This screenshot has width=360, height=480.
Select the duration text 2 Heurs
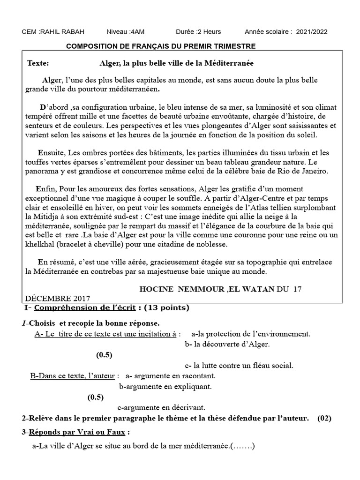[208, 32]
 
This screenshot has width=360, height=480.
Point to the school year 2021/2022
[312, 32]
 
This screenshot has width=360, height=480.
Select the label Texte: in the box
[38, 63]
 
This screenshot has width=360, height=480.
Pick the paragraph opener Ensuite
[52, 153]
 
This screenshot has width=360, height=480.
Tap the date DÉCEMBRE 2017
[57, 298]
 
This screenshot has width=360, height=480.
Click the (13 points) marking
[166, 308]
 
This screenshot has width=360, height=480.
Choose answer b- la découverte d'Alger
[227, 345]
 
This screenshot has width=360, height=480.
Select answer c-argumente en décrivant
[161, 408]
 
